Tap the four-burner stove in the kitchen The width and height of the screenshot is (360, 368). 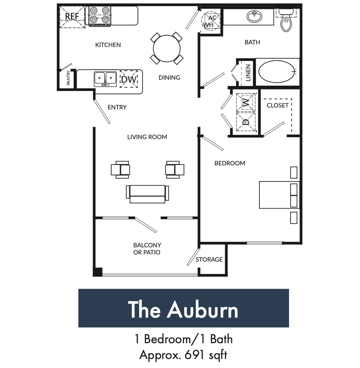pos(100,16)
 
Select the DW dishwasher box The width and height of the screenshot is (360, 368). pos(129,79)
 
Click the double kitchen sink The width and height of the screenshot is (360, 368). pos(105,78)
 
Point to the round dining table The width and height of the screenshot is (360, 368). pos(166,48)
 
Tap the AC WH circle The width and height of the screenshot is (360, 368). pos(211,21)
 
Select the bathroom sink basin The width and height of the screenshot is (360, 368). pos(255,17)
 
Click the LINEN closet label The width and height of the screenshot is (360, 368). pos(248,73)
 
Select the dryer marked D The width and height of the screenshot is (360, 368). pos(246,121)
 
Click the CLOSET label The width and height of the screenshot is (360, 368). pos(277,105)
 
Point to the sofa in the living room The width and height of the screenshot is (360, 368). pos(148,193)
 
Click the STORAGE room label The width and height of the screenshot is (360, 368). pos(209,259)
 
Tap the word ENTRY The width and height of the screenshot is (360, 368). pos(117,107)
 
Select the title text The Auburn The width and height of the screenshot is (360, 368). pos(183,309)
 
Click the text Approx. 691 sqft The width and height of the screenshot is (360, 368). pos(183,354)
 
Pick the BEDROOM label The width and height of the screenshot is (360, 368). pos(230,163)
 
